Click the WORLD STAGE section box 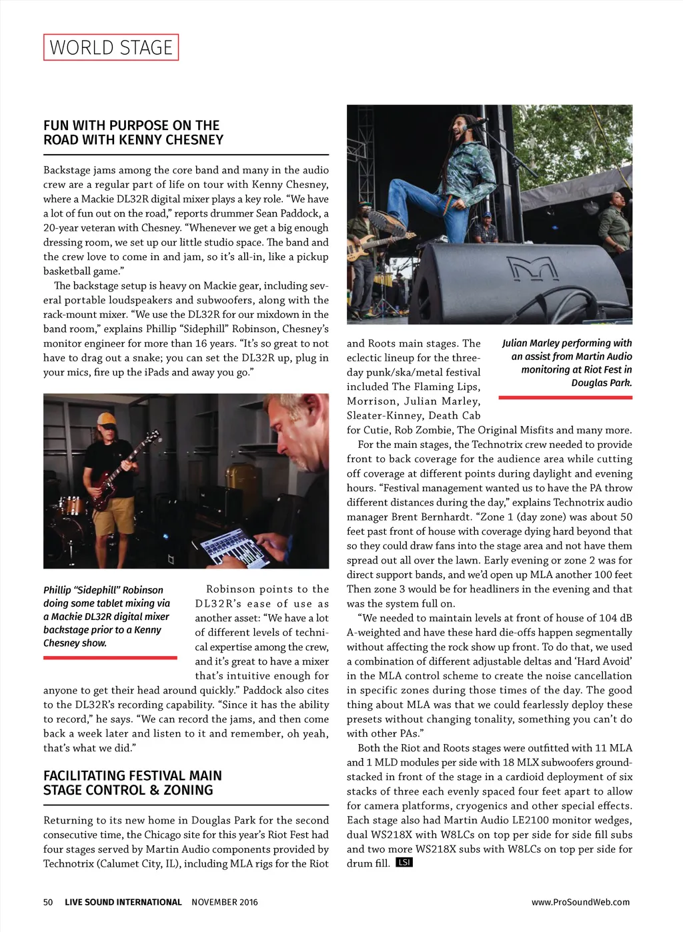point(111,47)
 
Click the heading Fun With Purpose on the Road point(133,133)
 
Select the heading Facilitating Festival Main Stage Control point(133,783)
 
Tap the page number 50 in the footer point(48,902)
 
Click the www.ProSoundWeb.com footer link point(580,902)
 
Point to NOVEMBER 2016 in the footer point(224,902)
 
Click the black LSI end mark point(404,863)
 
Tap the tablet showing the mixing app point(230,545)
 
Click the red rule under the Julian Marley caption point(565,397)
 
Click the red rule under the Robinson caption point(110,658)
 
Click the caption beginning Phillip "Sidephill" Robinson point(106,617)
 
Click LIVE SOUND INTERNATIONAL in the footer point(123,902)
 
